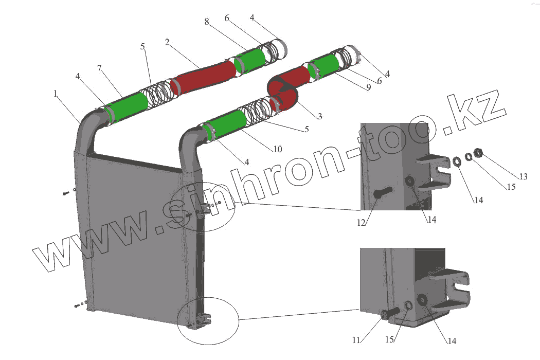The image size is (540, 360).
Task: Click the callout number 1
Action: point(55,94)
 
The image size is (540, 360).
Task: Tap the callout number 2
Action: point(167,42)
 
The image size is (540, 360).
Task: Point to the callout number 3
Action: point(319,117)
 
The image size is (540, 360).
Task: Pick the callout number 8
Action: point(206,22)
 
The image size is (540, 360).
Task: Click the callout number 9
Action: point(368,88)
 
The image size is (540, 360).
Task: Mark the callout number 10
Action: point(277,150)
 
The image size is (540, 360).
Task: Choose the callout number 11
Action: point(356,340)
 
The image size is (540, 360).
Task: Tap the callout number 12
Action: point(362,222)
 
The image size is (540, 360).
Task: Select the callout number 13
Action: point(523,177)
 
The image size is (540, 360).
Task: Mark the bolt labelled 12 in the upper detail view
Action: point(381,194)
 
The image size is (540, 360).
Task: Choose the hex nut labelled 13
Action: point(478,152)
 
